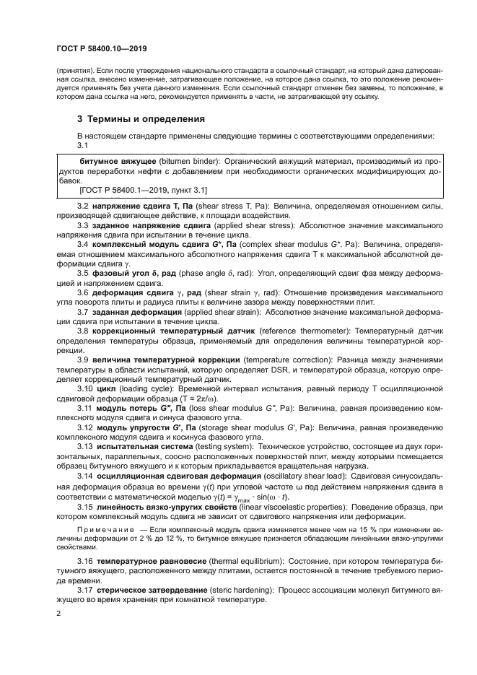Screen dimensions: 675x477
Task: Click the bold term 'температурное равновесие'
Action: point(153,561)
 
